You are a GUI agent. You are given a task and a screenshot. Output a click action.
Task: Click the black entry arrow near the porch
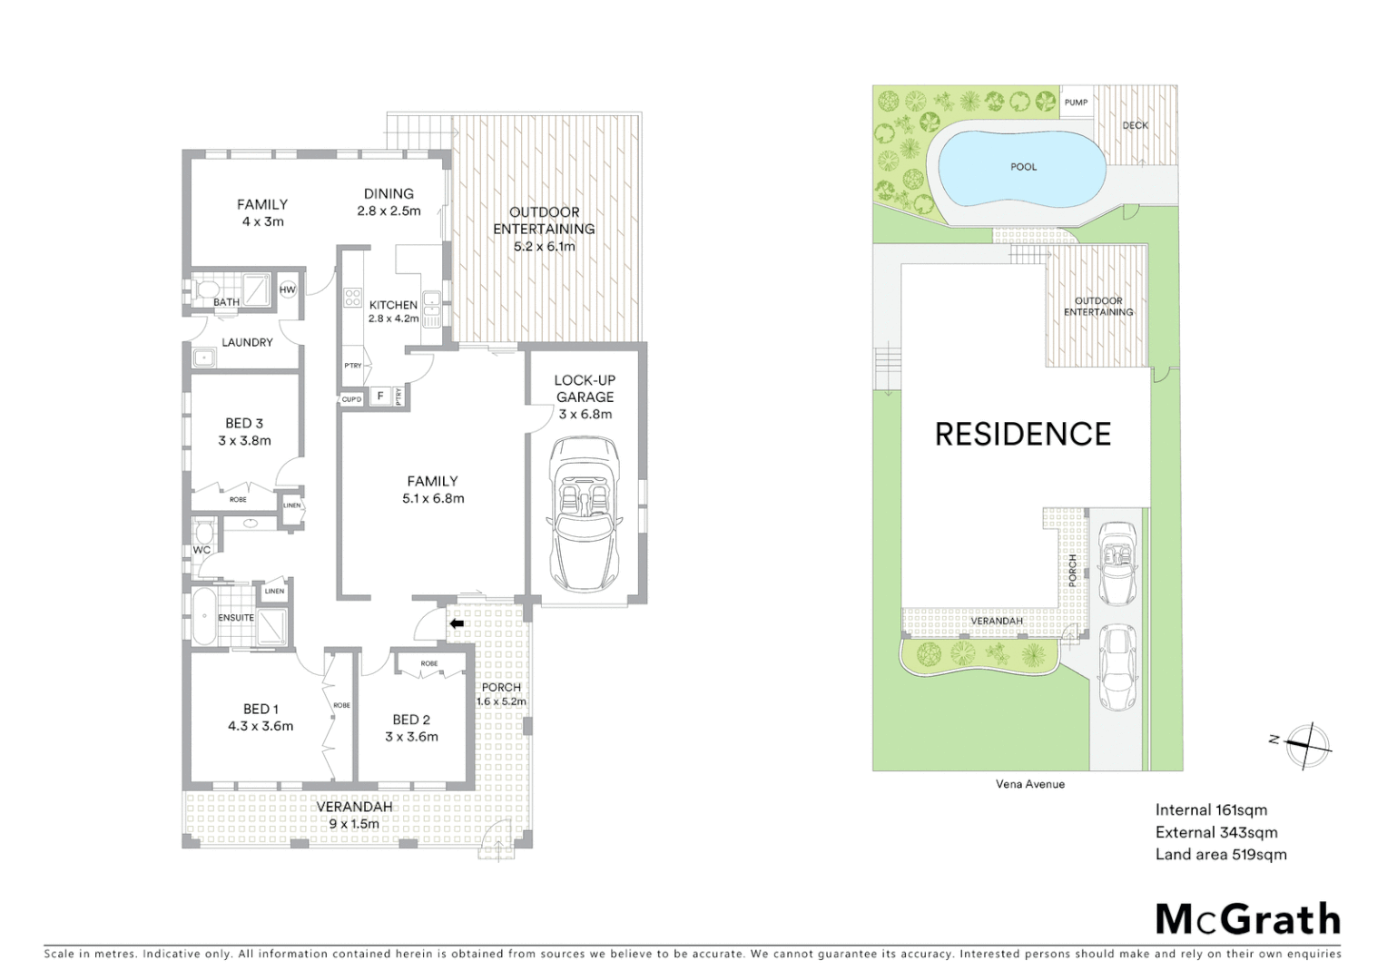(457, 623)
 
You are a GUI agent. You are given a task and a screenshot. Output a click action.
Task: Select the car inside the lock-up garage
(584, 514)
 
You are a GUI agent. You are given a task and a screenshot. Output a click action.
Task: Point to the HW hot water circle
(288, 289)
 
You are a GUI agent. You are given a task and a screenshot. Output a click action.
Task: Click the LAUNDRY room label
(247, 342)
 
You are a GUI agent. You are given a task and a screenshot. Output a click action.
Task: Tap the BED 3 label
(244, 423)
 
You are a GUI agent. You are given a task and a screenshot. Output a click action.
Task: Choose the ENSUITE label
(236, 618)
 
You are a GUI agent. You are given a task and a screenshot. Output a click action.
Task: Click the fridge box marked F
(379, 396)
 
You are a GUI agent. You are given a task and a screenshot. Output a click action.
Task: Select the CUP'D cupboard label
(351, 399)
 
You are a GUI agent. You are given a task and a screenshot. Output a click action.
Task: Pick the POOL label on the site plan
(1023, 167)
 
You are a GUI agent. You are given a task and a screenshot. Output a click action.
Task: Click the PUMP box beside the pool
(1076, 103)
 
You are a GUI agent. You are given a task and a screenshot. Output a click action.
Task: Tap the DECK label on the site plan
(1135, 125)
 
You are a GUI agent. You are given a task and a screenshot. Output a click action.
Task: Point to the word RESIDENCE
(1023, 435)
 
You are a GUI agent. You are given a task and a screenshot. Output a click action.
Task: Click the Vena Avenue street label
(1029, 784)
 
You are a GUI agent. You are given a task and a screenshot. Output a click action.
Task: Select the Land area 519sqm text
(1220, 854)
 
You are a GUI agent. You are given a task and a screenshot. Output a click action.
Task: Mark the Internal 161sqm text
(1211, 810)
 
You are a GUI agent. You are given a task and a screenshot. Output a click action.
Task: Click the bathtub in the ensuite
(204, 617)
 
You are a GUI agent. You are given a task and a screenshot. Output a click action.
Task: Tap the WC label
(202, 550)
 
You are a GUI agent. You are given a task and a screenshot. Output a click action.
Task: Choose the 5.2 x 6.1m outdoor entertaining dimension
(545, 246)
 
